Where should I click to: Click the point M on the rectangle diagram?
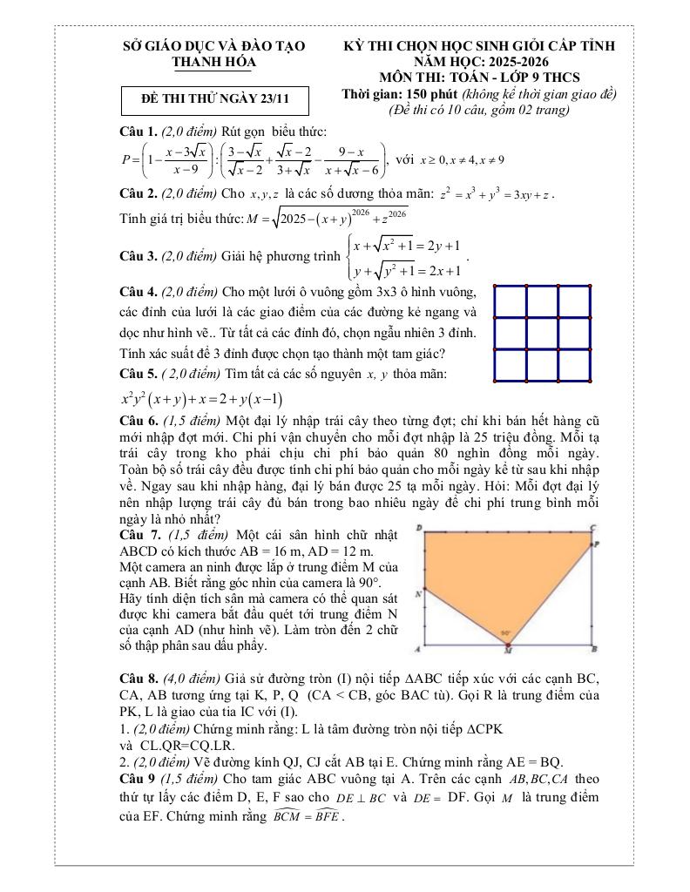tap(509, 648)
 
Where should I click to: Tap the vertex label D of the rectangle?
tap(419, 528)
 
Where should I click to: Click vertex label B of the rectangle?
tap(594, 649)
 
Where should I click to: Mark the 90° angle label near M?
tap(505, 633)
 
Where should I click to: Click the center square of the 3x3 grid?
tap(543, 333)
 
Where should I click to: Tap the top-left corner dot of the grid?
tap(494, 286)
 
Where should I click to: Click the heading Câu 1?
tap(139, 132)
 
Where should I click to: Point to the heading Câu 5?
tap(139, 374)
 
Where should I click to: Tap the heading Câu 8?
tap(139, 678)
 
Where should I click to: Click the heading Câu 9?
tap(139, 778)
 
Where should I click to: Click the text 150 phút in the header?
tap(430, 94)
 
